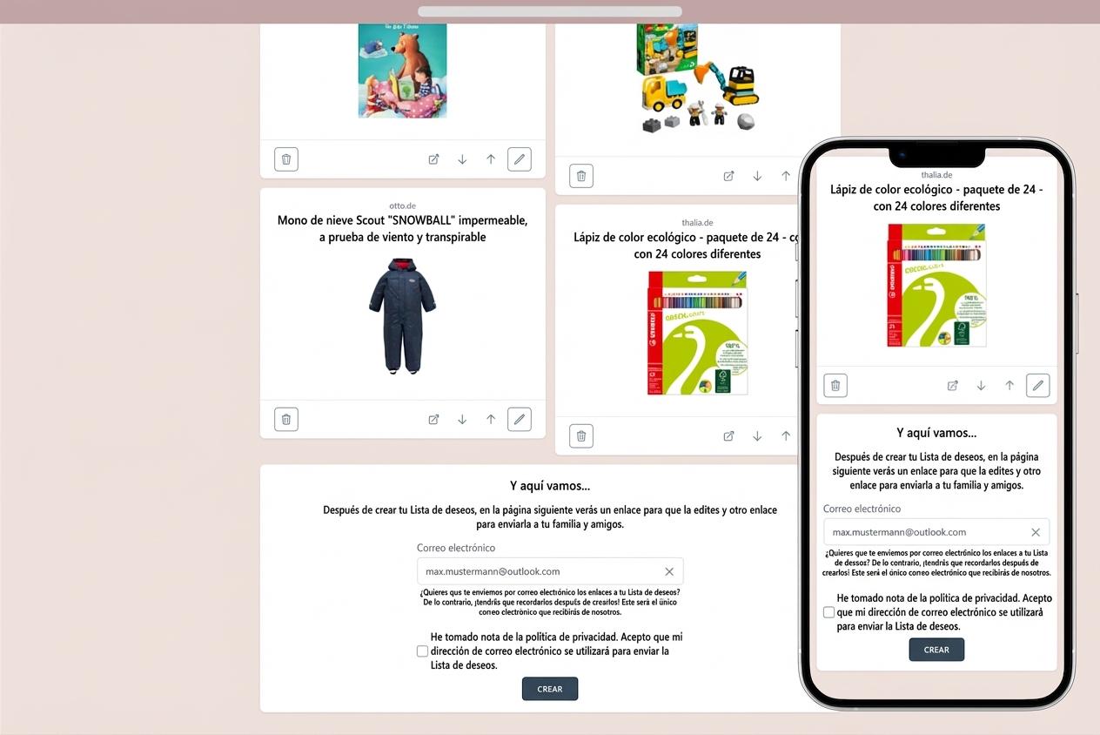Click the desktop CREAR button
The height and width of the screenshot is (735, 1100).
tap(549, 689)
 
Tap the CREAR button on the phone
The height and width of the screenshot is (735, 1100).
tap(936, 650)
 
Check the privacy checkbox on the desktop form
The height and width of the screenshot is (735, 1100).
tap(422, 651)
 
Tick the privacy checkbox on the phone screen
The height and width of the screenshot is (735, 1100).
tap(828, 612)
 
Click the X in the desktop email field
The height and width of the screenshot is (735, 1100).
tap(669, 571)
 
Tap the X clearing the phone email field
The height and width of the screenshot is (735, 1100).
tap(1036, 532)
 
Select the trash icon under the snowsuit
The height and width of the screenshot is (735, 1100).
tap(285, 419)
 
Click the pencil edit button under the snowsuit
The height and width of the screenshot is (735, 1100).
tap(519, 419)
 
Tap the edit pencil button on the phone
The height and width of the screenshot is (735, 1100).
tap(1037, 385)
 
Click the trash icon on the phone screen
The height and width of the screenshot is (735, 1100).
tap(835, 385)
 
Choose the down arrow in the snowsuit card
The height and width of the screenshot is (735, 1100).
tap(462, 420)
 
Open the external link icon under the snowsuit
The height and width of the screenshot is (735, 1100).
tap(433, 420)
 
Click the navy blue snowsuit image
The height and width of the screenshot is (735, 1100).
tap(402, 315)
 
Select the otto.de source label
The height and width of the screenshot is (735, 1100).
tap(402, 206)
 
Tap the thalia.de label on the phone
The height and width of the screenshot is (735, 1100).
tap(936, 175)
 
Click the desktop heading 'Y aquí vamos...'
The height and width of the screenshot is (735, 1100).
tap(549, 486)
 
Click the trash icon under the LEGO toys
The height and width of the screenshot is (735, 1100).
tap(580, 176)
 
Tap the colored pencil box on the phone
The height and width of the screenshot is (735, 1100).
tap(936, 285)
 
